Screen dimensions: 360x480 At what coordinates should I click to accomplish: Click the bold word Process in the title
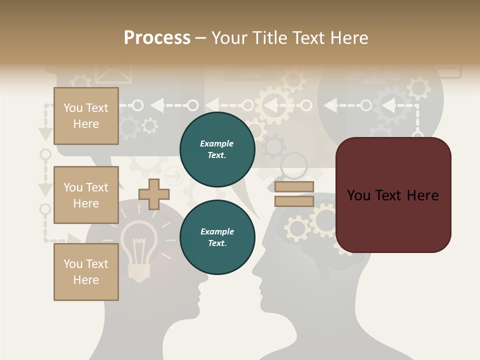pyautogui.click(x=157, y=37)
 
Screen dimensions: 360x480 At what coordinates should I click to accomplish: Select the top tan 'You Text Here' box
pyautogui.click(x=86, y=116)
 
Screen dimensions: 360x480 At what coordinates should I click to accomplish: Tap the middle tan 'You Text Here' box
pyautogui.click(x=86, y=195)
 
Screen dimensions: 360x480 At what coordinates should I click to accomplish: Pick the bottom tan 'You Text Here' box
pyautogui.click(x=86, y=272)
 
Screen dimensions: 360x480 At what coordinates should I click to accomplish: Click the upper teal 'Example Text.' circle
pyautogui.click(x=217, y=149)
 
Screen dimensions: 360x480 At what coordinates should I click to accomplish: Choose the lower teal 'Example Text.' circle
pyautogui.click(x=217, y=237)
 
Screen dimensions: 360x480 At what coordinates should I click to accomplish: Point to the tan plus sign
pyautogui.click(x=154, y=194)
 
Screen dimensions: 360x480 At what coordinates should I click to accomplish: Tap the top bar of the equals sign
pyautogui.click(x=294, y=187)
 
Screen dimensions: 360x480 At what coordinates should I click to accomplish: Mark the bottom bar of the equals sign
pyautogui.click(x=294, y=201)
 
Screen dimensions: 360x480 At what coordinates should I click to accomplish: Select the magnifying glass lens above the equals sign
pyautogui.click(x=293, y=165)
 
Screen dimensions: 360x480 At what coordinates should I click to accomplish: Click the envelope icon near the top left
pyautogui.click(x=113, y=73)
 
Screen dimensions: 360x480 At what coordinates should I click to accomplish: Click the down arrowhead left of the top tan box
pyautogui.click(x=45, y=133)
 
